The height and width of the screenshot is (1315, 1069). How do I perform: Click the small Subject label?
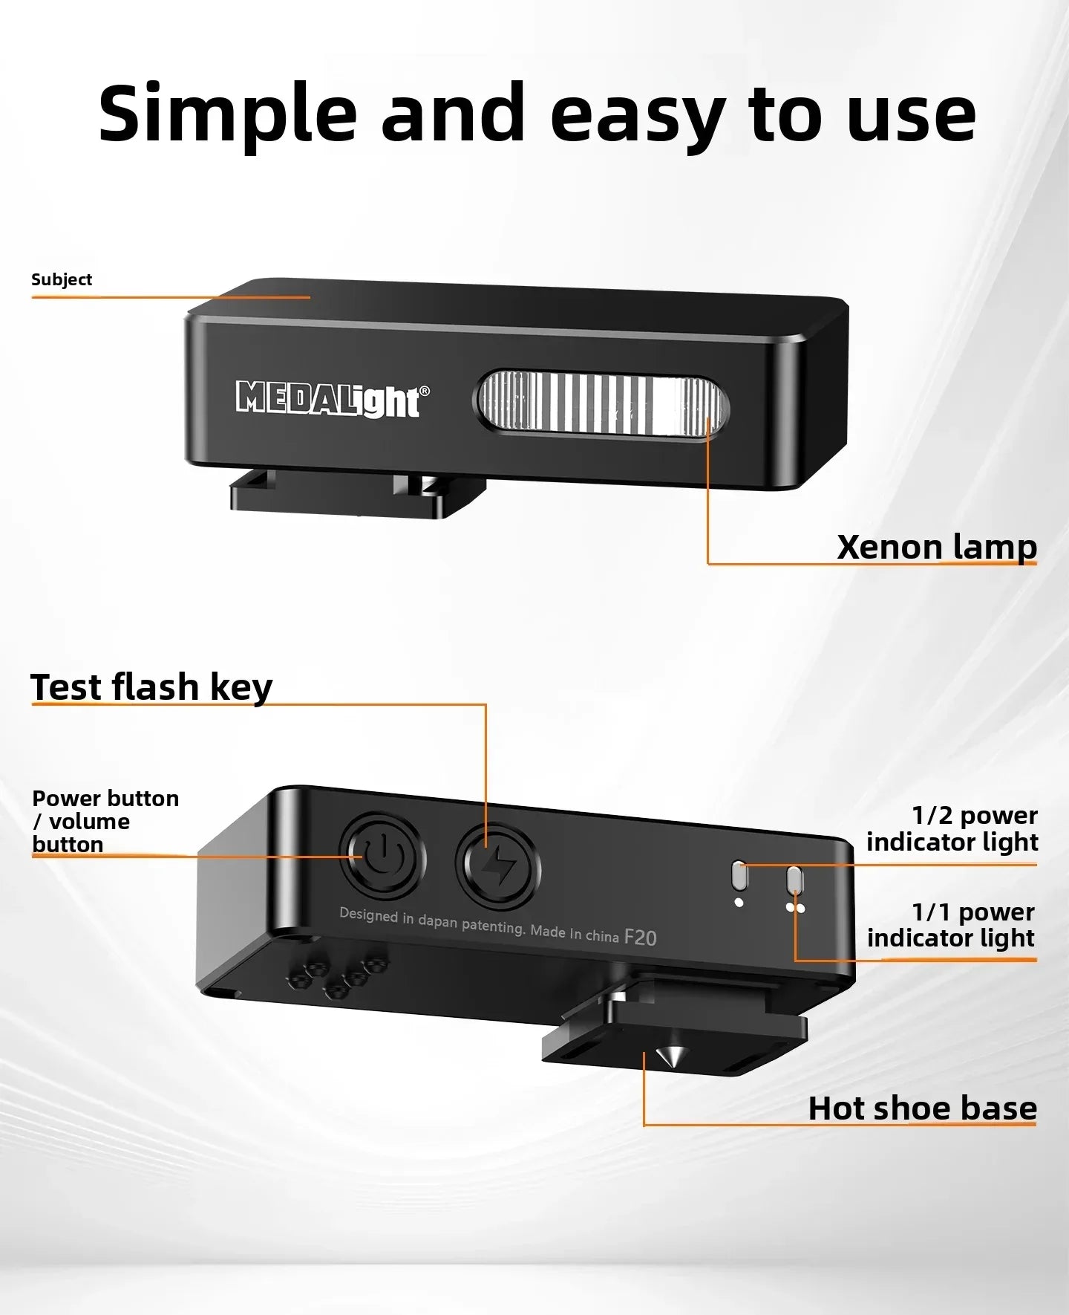tap(62, 279)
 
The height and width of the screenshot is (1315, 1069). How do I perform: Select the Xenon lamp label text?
tap(937, 547)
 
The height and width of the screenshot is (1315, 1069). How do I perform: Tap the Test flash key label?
tap(151, 686)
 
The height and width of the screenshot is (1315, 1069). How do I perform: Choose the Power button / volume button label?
tap(105, 821)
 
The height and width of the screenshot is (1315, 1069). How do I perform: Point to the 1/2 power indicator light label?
tap(952, 828)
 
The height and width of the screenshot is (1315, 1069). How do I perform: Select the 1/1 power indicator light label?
tap(952, 925)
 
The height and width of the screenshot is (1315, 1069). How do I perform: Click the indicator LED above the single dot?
tap(739, 876)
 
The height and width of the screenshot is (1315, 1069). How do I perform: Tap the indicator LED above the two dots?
tap(794, 881)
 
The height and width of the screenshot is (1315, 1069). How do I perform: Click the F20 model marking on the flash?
tap(640, 938)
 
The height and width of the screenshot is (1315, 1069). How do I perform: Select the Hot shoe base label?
tap(923, 1108)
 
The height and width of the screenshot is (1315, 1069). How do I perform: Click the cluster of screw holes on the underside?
tap(339, 973)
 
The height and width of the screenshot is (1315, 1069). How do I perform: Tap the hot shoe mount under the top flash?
tap(358, 493)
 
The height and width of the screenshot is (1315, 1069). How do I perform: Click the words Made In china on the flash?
tap(575, 932)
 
